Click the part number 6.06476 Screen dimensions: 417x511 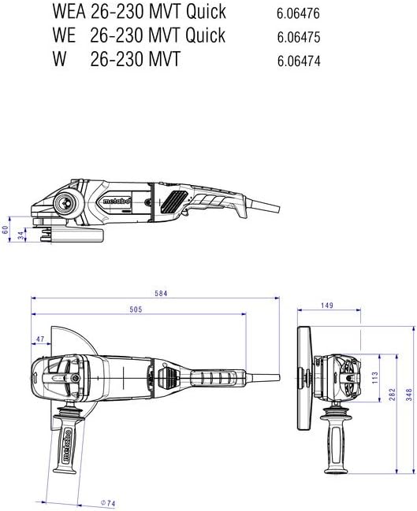pos(298,13)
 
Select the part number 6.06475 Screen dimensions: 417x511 pos(299,37)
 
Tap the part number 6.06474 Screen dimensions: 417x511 pos(299,61)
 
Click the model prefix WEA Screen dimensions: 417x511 pos(69,12)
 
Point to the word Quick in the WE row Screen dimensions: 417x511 pos(206,35)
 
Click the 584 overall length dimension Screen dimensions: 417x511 pos(161,294)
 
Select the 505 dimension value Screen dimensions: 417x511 pos(136,309)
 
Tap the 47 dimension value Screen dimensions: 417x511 pos(39,339)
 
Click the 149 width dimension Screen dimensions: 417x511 pos(326,305)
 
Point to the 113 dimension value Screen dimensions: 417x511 pos(374,377)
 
